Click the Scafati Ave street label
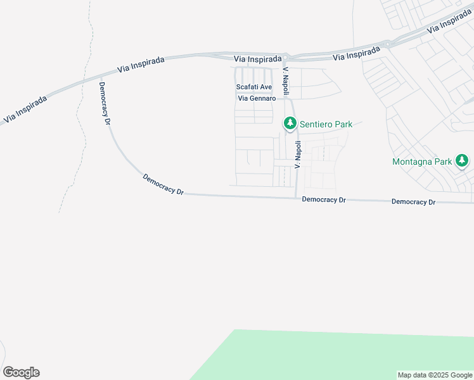click(x=253, y=87)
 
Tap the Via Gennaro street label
click(x=257, y=99)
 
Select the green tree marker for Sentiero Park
click(x=290, y=123)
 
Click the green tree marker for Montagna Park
click(x=462, y=161)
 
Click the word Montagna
click(x=413, y=161)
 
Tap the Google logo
click(x=21, y=372)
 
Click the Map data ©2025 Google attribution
click(x=435, y=375)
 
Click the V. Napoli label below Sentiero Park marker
click(x=297, y=154)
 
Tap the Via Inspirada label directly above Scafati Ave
click(x=257, y=59)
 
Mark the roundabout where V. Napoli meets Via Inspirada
click(x=286, y=57)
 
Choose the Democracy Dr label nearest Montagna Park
click(x=413, y=202)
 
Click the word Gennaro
click(x=264, y=99)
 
